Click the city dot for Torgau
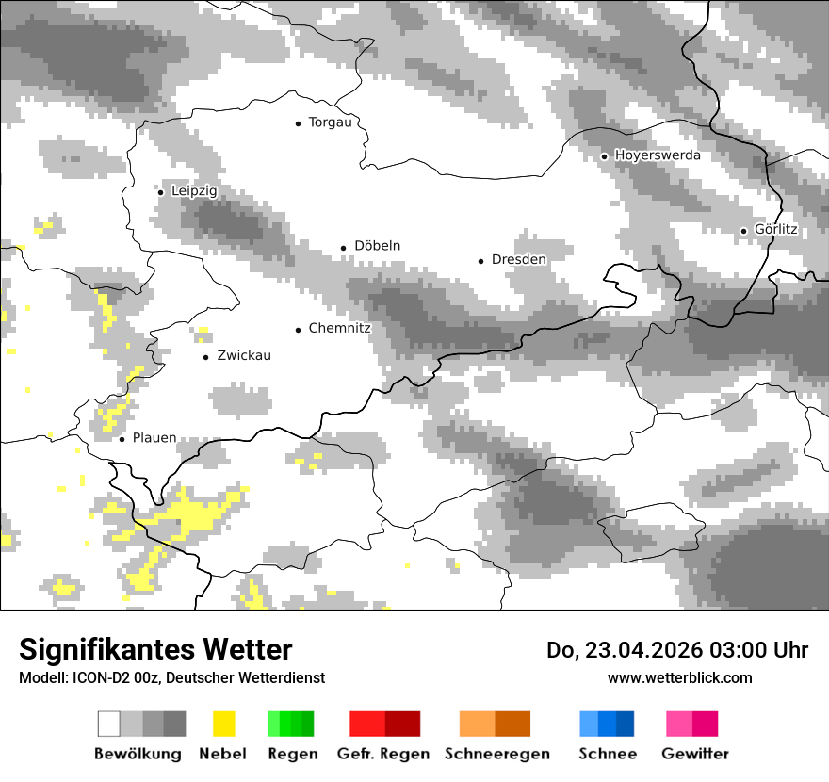(298, 123)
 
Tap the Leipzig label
(194, 191)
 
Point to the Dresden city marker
(480, 260)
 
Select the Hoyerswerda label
(658, 155)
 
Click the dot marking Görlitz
(743, 231)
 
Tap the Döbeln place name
(377, 246)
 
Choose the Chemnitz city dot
(298, 330)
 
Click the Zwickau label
(243, 356)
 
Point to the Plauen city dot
(122, 439)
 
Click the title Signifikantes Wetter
(155, 650)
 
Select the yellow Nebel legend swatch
(223, 724)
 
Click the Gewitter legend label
(695, 754)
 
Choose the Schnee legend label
(607, 754)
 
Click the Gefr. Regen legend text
(383, 754)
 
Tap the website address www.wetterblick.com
(679, 677)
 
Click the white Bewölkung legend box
(108, 724)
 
